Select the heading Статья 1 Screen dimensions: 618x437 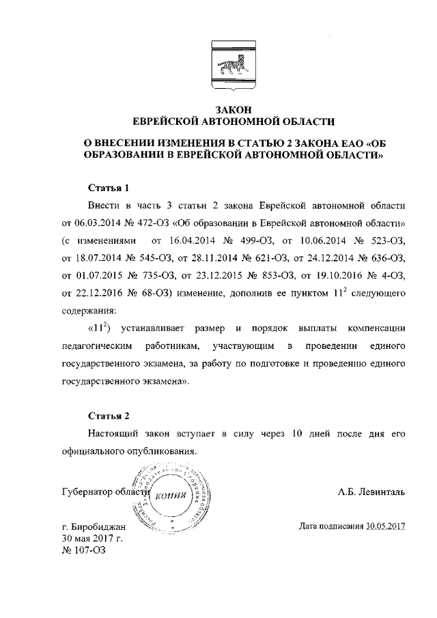coord(109,188)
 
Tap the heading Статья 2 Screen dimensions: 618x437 coord(109,415)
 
